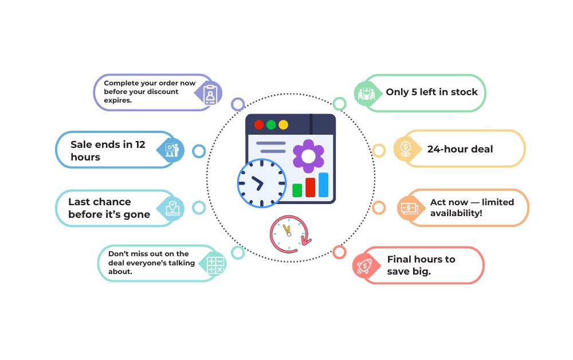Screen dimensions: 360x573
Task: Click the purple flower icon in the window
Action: click(x=308, y=156)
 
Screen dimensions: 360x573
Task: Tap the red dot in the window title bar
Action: click(x=259, y=124)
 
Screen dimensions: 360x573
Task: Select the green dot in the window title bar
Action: click(x=271, y=124)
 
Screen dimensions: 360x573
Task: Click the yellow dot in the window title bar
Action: click(x=283, y=124)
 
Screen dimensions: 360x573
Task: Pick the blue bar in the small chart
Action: click(x=324, y=185)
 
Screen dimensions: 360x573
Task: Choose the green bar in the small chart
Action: click(x=297, y=190)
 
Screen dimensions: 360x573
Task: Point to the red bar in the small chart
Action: click(x=311, y=187)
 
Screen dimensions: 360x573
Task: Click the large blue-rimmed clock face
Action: click(x=261, y=183)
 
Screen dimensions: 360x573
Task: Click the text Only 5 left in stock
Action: click(x=431, y=92)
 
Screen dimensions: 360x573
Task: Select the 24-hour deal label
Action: click(x=460, y=149)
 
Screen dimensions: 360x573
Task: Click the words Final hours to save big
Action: click(x=421, y=265)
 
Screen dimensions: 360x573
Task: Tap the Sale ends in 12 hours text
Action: click(x=108, y=151)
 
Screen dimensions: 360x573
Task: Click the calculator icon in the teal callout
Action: click(x=215, y=264)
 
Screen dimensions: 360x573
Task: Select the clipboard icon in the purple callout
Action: click(x=210, y=93)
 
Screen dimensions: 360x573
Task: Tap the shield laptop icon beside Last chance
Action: click(x=172, y=208)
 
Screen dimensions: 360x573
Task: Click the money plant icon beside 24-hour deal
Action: click(x=405, y=149)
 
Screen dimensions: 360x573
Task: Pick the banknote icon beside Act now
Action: click(x=409, y=208)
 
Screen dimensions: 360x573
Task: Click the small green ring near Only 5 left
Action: click(x=339, y=104)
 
